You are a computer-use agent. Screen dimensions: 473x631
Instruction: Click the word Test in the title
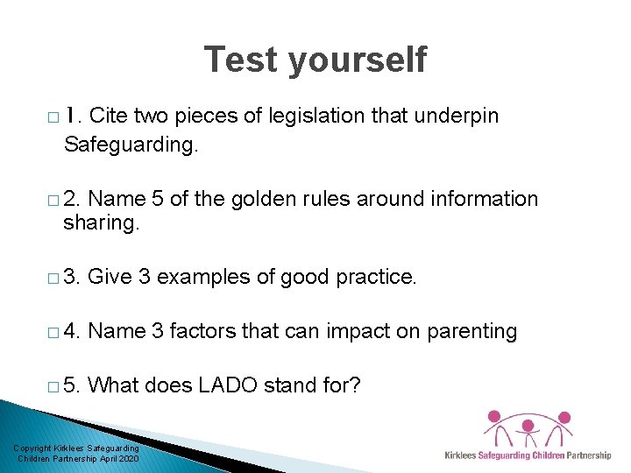click(x=241, y=60)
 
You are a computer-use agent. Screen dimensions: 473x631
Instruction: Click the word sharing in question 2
click(x=101, y=224)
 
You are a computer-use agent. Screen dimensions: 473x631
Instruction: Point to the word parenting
click(x=471, y=332)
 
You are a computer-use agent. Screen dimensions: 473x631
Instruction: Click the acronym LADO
click(x=250, y=385)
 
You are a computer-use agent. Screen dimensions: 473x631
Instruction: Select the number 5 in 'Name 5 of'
click(x=158, y=200)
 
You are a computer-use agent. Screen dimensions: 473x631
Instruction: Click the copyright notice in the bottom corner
click(x=76, y=454)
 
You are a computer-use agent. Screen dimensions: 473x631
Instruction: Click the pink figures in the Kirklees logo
click(x=528, y=429)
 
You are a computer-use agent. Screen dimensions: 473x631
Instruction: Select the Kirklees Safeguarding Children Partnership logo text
click(x=528, y=455)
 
